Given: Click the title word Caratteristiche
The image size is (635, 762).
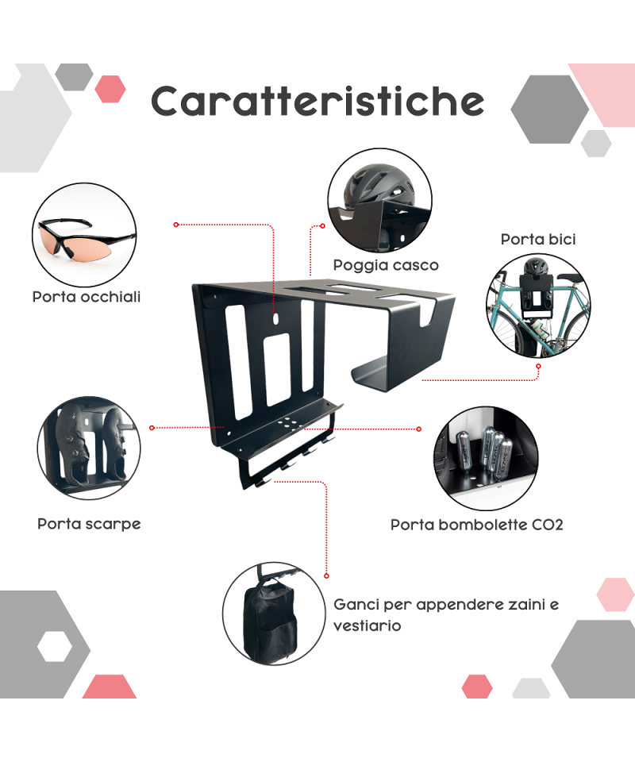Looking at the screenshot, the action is [317, 101].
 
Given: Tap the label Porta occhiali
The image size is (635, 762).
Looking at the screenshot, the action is [87, 297].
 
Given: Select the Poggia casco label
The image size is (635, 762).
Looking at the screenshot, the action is [386, 265].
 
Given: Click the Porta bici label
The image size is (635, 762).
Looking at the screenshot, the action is [538, 239].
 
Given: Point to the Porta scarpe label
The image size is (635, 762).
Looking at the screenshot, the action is [89, 524].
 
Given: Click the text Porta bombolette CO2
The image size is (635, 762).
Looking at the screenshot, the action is [476, 525].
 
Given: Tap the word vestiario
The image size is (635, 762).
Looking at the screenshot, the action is [368, 625].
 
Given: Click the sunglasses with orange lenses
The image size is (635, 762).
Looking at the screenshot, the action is [86, 241].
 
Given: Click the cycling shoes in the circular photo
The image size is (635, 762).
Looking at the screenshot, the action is [90, 444].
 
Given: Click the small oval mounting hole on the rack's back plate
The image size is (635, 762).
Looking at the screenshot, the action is [276, 319].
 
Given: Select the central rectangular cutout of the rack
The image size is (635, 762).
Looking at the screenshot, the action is [278, 369].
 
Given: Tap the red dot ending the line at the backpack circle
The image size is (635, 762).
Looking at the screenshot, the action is [326, 576].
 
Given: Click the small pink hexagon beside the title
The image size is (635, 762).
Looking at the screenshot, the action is [110, 89].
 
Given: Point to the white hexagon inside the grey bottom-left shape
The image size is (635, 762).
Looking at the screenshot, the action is [55, 647].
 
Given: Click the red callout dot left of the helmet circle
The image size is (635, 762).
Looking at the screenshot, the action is [322, 226].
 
